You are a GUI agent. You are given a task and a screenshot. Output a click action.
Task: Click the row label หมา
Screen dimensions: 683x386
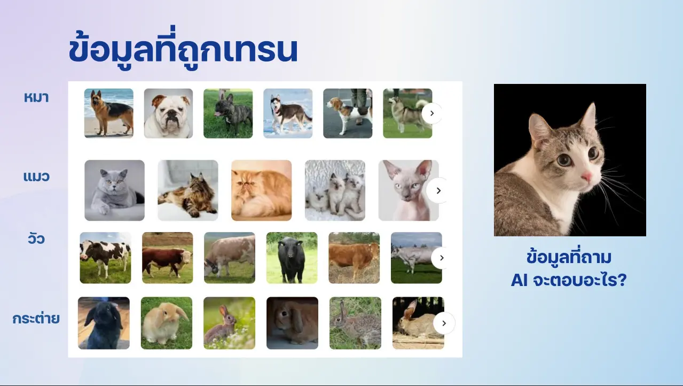[36, 98]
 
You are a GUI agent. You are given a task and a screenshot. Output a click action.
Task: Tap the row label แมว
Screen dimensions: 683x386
[36, 176]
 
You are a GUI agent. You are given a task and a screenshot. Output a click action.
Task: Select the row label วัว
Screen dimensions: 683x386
[36, 238]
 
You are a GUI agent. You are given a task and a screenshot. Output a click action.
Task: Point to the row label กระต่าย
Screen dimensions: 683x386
[36, 318]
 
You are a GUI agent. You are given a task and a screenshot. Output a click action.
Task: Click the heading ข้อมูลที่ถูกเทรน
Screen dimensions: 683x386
[183, 49]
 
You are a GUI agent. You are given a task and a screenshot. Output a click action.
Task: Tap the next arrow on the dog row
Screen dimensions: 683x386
[432, 113]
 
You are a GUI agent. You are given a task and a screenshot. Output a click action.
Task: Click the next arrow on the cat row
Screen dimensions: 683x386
[438, 190]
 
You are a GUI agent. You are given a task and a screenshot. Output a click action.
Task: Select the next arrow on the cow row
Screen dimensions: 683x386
[441, 258]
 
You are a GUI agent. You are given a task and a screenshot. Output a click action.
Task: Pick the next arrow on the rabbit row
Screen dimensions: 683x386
[444, 323]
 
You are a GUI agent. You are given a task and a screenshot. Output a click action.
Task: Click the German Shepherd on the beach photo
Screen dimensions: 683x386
[109, 113]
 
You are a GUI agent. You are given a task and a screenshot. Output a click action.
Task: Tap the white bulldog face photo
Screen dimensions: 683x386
[168, 113]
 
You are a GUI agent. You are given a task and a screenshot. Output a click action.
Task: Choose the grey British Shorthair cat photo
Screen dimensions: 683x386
[115, 190]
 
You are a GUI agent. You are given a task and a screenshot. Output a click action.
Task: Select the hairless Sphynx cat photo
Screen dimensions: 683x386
[409, 190]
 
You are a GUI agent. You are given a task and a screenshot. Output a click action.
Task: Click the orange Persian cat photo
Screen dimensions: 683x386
[261, 190]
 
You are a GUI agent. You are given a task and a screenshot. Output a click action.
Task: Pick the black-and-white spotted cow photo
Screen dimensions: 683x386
[106, 258]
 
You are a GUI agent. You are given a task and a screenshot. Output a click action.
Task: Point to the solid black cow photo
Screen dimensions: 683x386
[292, 258]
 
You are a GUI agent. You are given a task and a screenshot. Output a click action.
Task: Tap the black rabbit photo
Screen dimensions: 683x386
[104, 323]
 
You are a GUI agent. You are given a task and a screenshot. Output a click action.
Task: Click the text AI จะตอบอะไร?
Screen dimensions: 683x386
[569, 280]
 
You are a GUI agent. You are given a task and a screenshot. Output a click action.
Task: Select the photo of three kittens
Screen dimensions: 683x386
[335, 190]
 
